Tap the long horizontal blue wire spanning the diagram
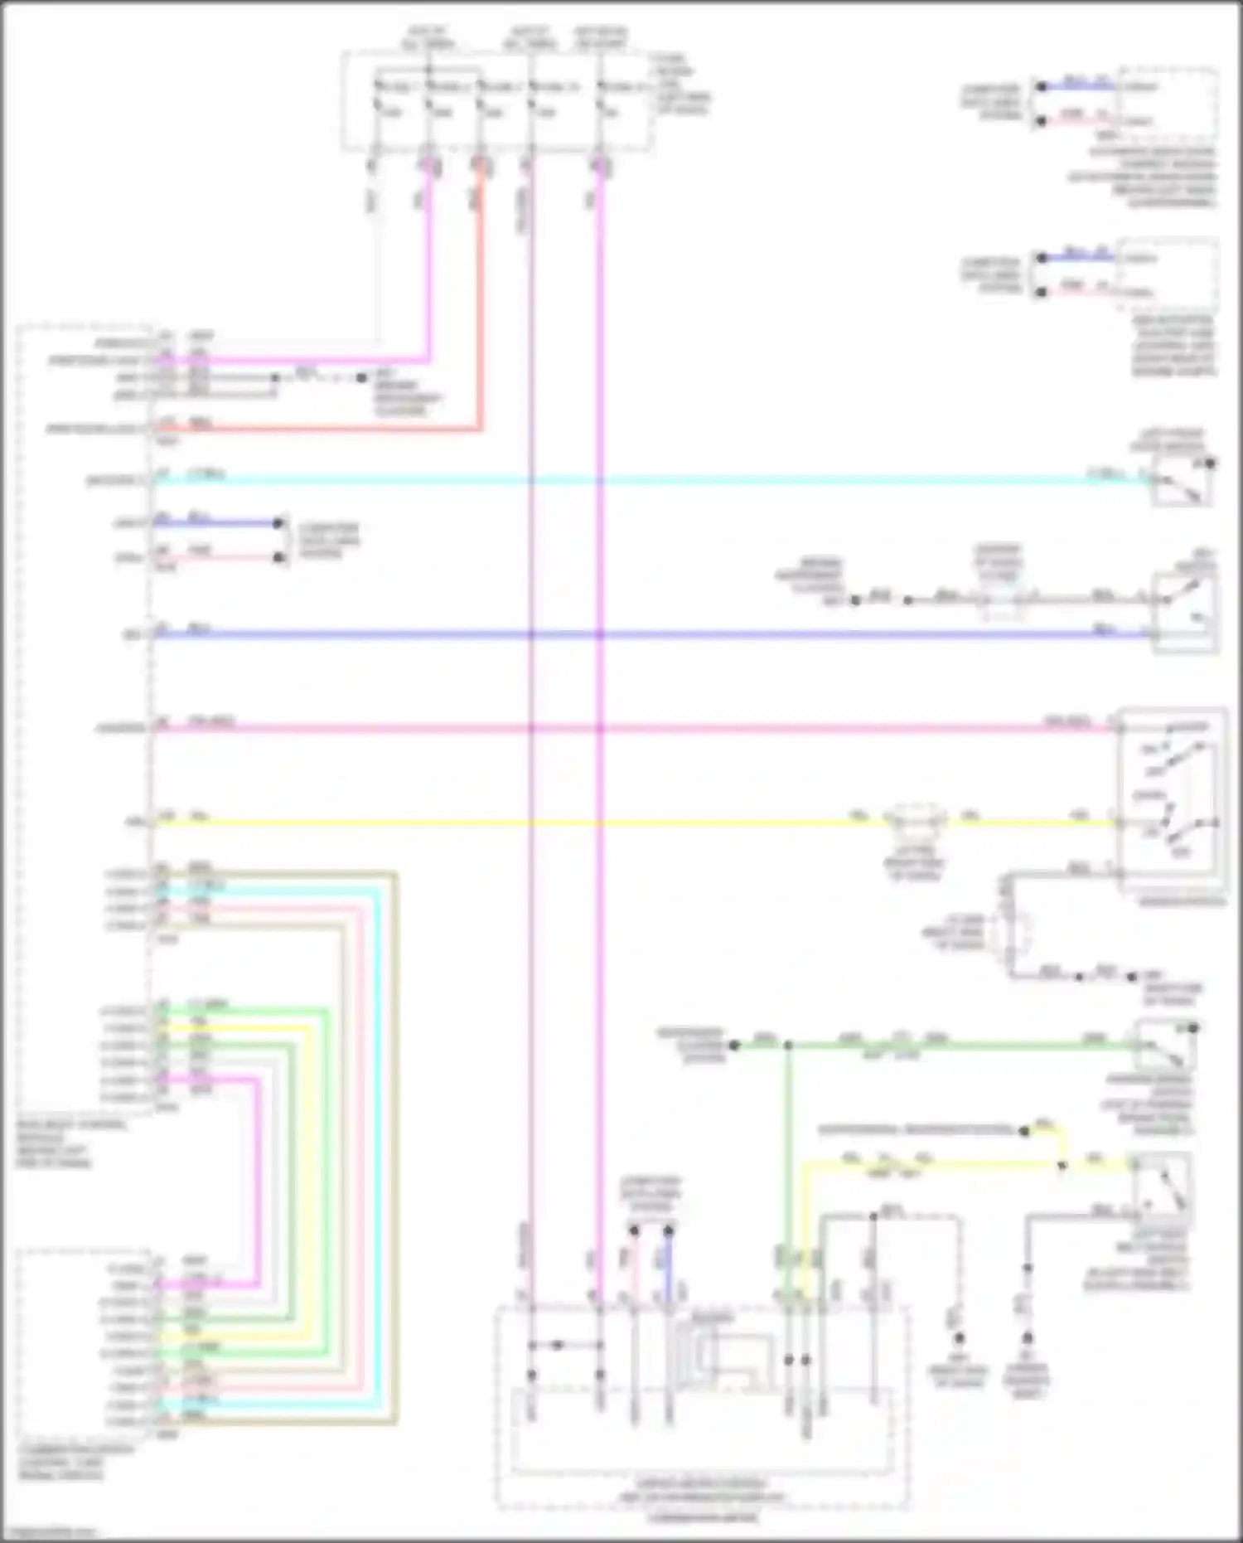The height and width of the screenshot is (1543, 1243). coord(746,635)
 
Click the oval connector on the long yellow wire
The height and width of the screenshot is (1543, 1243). coord(914,821)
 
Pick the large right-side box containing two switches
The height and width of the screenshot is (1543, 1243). coord(1170,801)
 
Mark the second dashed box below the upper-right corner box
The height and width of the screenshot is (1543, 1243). coord(1168,274)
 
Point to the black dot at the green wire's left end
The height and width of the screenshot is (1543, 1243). coord(734,1046)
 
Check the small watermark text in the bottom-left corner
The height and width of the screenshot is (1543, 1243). coord(50,1532)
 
